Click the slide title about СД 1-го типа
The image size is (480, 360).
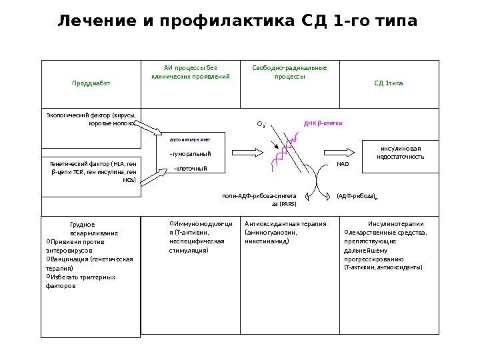click(238, 23)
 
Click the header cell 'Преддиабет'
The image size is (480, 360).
click(92, 85)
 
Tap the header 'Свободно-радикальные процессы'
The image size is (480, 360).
click(289, 72)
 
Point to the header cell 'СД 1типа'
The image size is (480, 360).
click(389, 85)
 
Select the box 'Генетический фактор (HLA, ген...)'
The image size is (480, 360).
click(93, 172)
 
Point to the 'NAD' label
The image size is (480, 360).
click(343, 163)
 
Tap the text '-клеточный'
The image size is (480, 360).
click(189, 169)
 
